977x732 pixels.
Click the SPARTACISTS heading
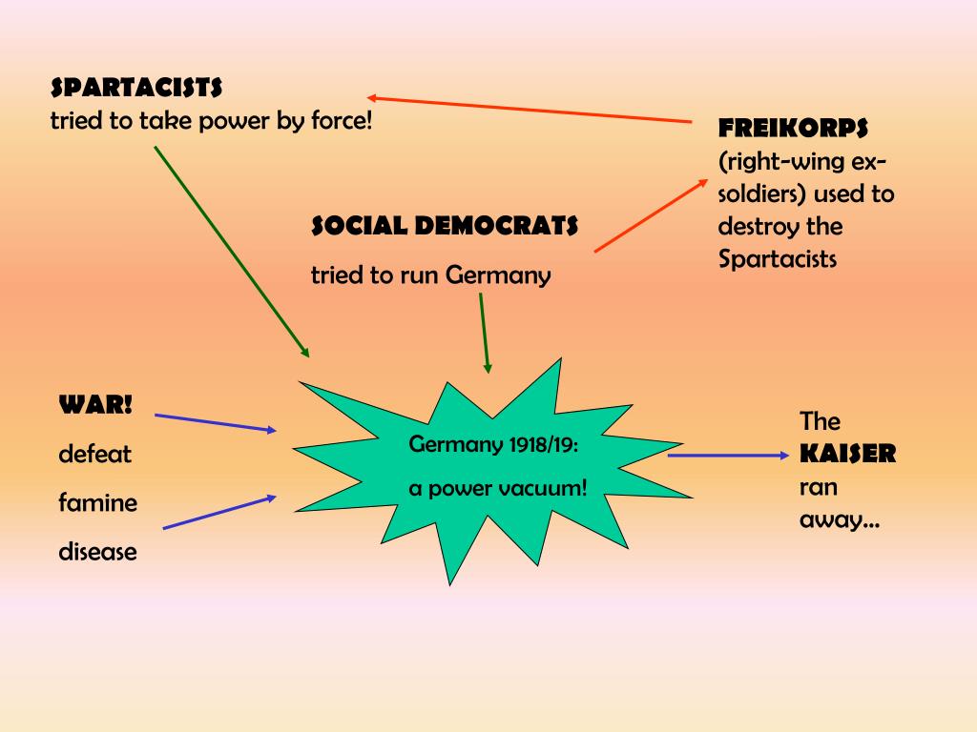[x=136, y=89]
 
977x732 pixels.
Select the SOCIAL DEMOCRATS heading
[x=445, y=226]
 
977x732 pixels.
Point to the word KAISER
[x=847, y=454]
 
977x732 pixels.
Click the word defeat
[x=94, y=454]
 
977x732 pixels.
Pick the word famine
[x=97, y=502]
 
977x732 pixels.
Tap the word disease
[x=97, y=551]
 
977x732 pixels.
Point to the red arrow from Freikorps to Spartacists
[x=530, y=110]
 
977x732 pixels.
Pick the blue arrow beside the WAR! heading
[x=216, y=423]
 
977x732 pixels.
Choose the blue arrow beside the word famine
[x=220, y=512]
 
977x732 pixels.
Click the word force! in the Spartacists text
[x=340, y=122]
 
